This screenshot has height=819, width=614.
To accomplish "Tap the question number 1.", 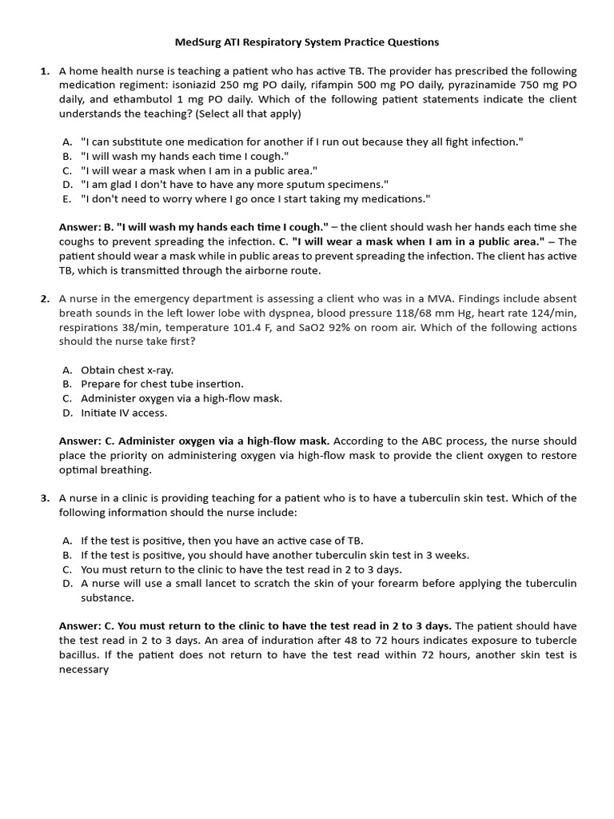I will [45, 71].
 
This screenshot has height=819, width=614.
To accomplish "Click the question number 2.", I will [45, 299].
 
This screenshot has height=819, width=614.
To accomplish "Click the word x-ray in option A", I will [157, 370].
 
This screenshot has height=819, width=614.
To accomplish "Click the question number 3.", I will [45, 498].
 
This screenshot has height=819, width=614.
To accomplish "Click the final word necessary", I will [83, 669].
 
